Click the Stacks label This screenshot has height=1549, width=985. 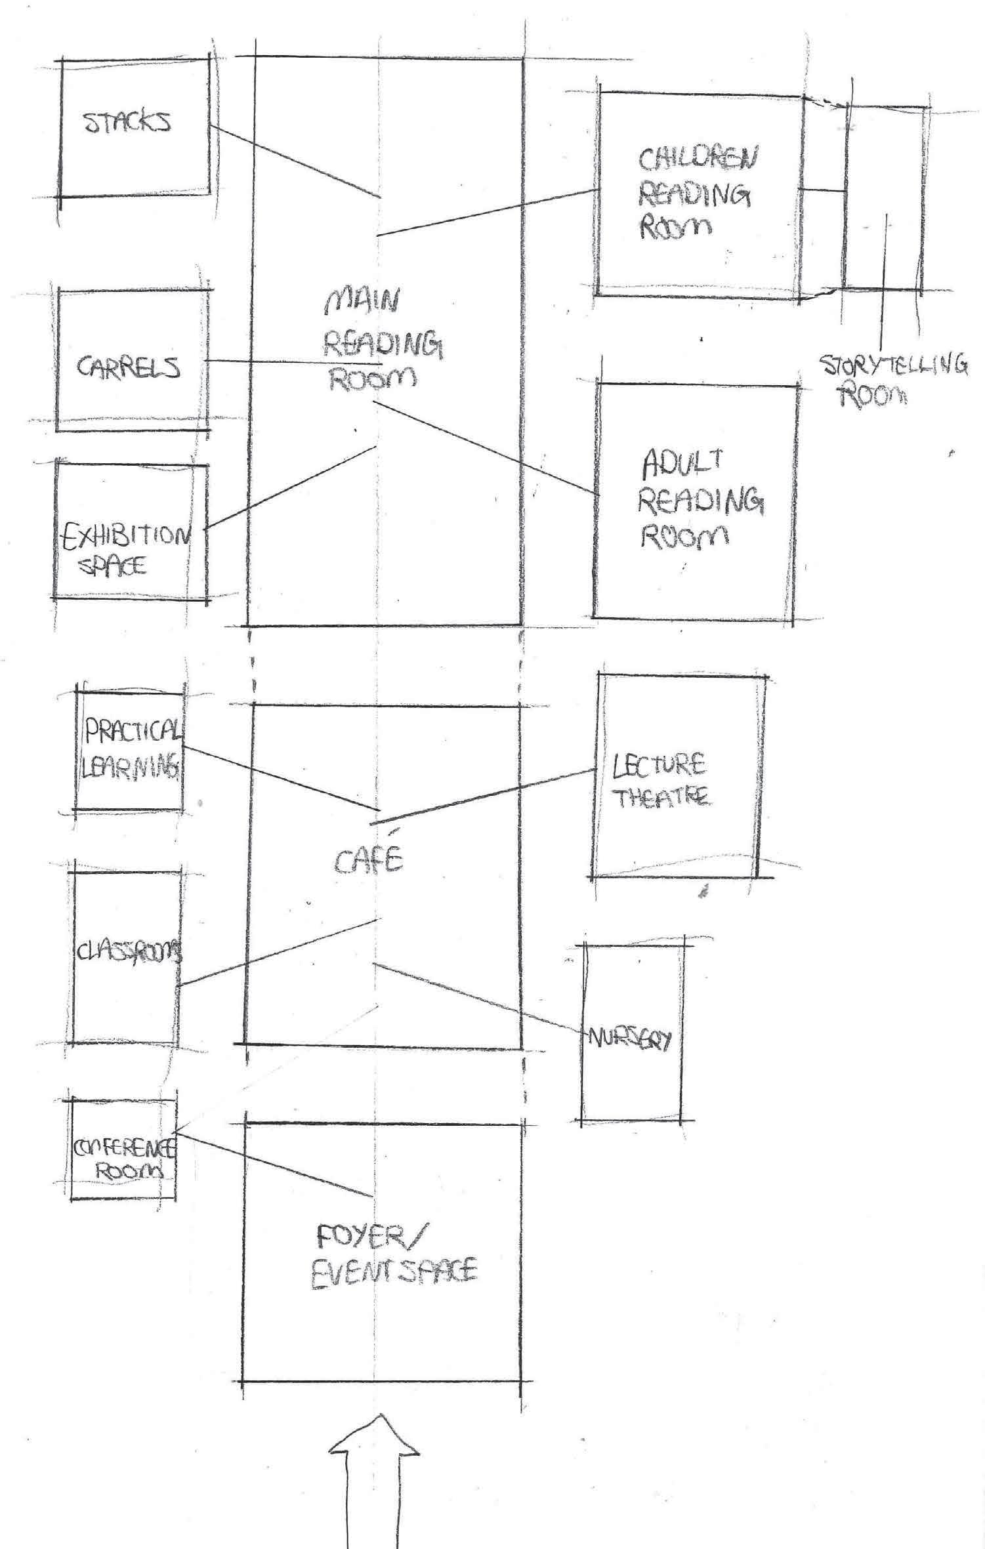click(x=128, y=123)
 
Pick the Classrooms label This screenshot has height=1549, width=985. click(x=129, y=951)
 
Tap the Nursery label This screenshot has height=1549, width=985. click(x=630, y=1040)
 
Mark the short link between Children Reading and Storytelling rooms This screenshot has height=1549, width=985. click(x=824, y=191)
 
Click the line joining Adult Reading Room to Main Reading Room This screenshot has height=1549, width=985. click(x=486, y=447)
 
